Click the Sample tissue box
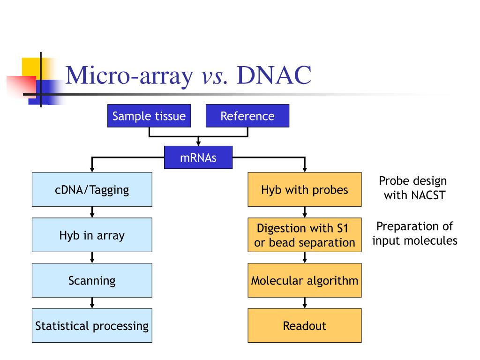click(x=149, y=116)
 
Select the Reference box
click(x=247, y=116)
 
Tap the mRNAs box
click(x=198, y=157)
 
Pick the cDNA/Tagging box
click(x=92, y=189)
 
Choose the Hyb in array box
click(x=92, y=235)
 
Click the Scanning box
click(x=92, y=280)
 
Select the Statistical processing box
click(x=92, y=325)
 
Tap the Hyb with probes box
click(x=305, y=189)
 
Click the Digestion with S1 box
click(x=305, y=235)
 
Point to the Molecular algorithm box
click(x=305, y=280)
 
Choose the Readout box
click(x=305, y=325)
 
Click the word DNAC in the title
click(x=274, y=75)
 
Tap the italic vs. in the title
click(x=215, y=76)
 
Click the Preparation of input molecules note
click(x=415, y=233)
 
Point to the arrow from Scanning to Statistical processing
click(x=92, y=303)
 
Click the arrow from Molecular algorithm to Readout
click(x=305, y=303)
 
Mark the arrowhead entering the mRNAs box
click(x=198, y=143)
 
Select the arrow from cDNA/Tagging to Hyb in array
click(x=92, y=212)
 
